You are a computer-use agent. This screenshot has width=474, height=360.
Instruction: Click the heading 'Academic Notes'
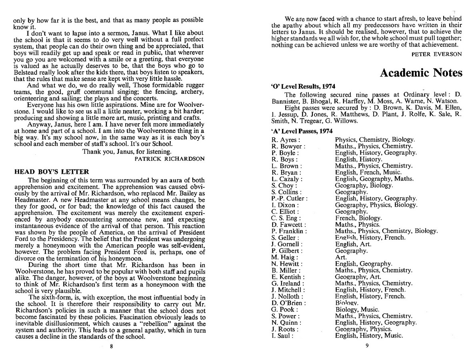coord(420,73)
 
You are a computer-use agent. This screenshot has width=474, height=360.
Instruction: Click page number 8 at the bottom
coord(111,346)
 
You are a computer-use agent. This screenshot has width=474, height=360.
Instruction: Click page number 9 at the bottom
coord(366,346)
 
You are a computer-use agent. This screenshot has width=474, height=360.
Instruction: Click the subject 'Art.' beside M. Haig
coord(341,257)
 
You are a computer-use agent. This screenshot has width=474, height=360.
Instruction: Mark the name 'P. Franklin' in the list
coord(289,231)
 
